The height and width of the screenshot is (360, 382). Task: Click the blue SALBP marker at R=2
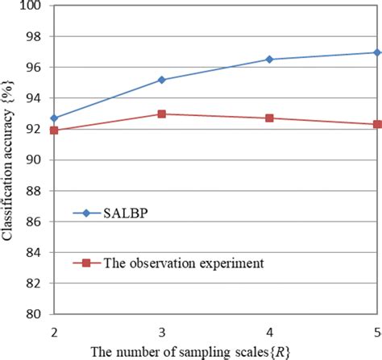[x=53, y=118]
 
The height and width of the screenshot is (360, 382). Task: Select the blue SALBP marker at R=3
[x=161, y=80]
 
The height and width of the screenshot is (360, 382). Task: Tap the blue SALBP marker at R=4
[x=269, y=60]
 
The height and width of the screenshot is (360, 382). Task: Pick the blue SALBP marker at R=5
[x=376, y=52]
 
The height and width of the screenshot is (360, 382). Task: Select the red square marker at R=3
[x=161, y=114]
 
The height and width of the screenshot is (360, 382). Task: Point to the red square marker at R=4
[x=269, y=118]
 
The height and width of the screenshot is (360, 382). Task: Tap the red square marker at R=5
[x=376, y=125]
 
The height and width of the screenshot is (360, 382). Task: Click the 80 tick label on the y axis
[x=37, y=314]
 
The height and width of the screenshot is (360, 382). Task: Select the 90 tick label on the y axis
[x=37, y=160]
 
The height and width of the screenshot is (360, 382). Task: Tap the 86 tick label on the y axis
[x=37, y=221]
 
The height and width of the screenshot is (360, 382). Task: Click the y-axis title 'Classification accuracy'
[x=10, y=161]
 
